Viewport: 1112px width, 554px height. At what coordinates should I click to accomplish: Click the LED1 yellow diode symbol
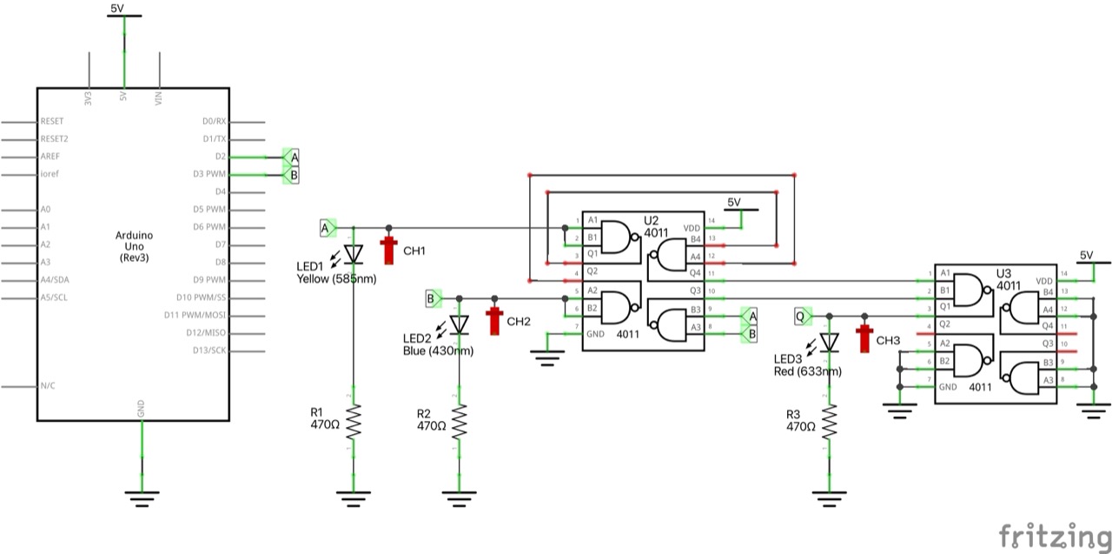[353, 253]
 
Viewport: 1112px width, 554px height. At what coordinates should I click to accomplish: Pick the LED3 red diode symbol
[830, 343]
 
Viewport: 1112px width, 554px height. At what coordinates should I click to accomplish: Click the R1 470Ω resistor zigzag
[353, 424]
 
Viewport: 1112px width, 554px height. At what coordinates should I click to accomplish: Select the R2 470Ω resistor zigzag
[459, 424]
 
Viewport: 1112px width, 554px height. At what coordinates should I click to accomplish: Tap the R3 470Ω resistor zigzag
[830, 424]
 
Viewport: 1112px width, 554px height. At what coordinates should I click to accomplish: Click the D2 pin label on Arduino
[221, 157]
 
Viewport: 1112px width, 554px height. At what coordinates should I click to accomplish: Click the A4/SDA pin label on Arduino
[56, 280]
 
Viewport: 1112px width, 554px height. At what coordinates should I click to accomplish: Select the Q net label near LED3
[802, 316]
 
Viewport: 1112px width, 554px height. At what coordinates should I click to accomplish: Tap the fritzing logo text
[1053, 535]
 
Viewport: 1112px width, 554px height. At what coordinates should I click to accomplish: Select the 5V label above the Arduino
[122, 9]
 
